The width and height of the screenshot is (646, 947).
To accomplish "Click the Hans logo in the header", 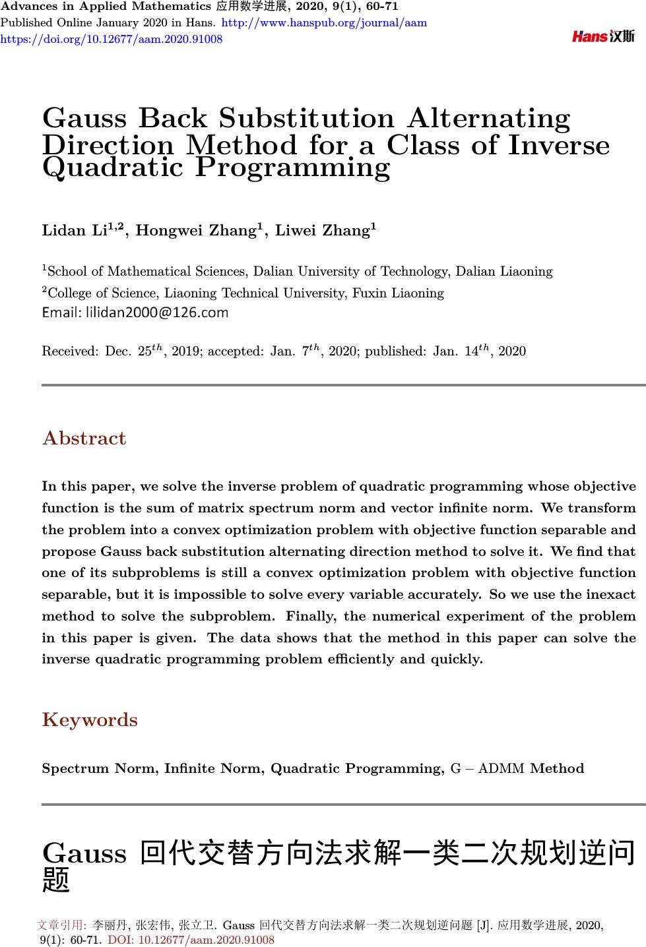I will point(603,37).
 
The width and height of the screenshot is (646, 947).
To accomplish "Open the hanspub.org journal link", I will point(325,23).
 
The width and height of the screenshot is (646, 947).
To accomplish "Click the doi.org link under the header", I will point(112,39).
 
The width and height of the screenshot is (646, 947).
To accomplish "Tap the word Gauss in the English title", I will point(84,119).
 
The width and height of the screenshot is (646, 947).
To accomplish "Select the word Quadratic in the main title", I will point(112,168).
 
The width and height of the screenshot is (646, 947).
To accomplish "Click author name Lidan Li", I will point(74,231).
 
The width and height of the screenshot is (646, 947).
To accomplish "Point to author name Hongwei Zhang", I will point(196,231).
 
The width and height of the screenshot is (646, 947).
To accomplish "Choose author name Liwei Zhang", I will point(322,231).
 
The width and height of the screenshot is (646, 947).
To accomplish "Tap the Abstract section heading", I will point(84,439).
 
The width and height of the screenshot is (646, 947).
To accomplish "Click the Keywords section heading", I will point(90,720).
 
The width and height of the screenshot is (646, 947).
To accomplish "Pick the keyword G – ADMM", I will point(488,769).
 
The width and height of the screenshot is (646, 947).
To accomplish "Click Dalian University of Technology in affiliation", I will point(352,272).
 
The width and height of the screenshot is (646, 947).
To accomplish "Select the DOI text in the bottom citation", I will point(191,940).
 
